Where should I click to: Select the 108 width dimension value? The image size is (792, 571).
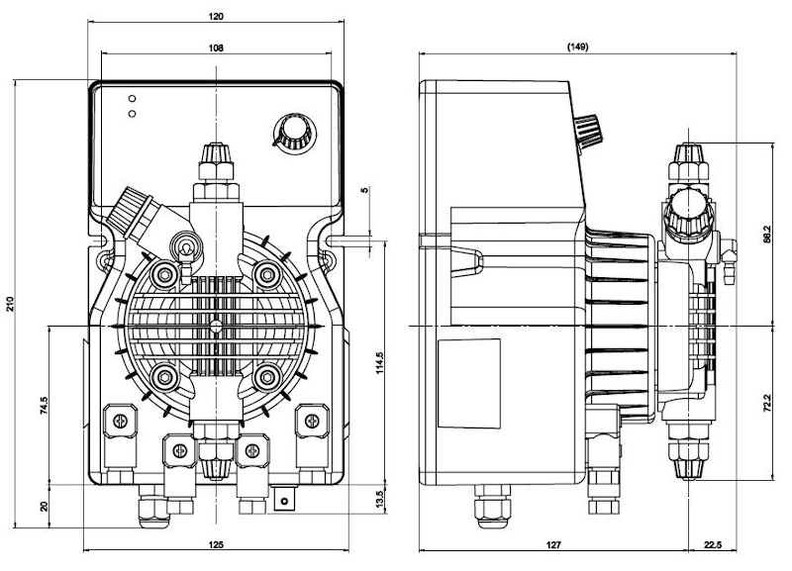(x=216, y=48)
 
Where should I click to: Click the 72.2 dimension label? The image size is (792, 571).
(x=766, y=406)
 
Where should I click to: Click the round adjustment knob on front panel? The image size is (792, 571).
(x=289, y=133)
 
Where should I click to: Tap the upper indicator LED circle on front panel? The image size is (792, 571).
(x=132, y=99)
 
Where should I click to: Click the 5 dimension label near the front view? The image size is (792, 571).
(x=364, y=188)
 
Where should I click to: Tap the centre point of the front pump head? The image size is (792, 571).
(x=215, y=324)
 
